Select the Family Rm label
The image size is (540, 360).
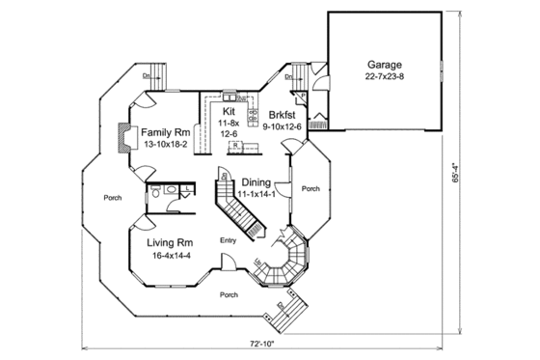coord(166,132)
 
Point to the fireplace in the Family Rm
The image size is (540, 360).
coord(123,139)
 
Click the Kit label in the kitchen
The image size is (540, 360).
coord(229,112)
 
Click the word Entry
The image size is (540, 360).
coord(229,240)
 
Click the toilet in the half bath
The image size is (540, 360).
coord(170,192)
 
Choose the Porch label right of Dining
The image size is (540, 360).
coord(310,189)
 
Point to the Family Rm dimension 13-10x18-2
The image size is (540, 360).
coord(166,145)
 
